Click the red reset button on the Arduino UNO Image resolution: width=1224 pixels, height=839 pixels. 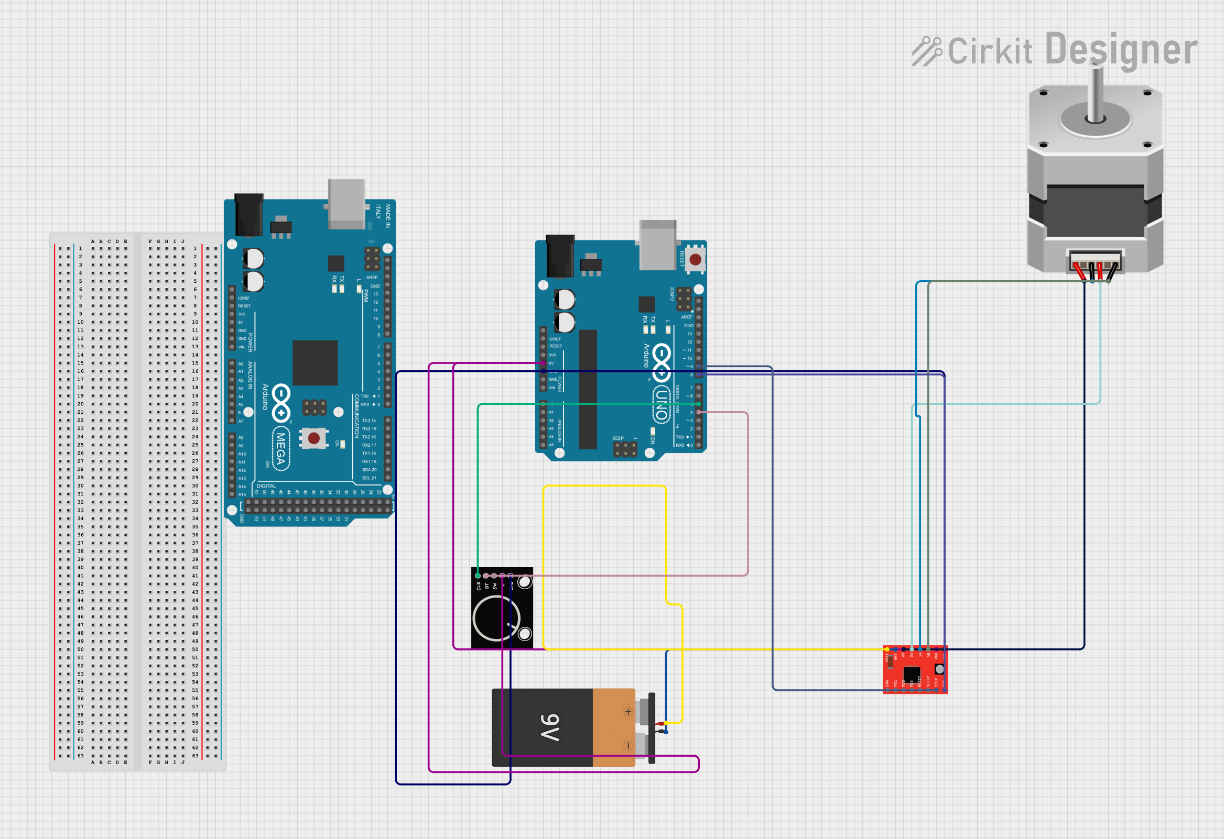click(x=695, y=259)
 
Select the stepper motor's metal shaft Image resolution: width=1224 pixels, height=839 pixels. click(x=1096, y=95)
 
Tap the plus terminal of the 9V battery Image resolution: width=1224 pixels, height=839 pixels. click(x=628, y=712)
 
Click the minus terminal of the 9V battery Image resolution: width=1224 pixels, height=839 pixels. click(x=628, y=745)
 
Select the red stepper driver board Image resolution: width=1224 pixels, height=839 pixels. click(x=915, y=669)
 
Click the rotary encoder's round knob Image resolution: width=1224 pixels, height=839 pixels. click(x=496, y=619)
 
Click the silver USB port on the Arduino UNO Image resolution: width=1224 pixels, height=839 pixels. click(x=657, y=244)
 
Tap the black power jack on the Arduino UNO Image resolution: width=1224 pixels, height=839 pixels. click(x=560, y=256)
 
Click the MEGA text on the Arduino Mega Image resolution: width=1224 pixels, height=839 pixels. click(x=281, y=447)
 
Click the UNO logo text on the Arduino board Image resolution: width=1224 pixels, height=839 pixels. click(x=662, y=404)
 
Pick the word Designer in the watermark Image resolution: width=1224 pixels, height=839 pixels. click(x=1121, y=50)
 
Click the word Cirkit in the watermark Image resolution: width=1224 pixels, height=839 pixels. click(x=990, y=51)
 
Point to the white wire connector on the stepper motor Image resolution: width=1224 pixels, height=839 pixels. click(x=1095, y=261)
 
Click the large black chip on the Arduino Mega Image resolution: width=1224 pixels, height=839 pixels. click(x=315, y=362)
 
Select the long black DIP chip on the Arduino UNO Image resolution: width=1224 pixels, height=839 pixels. click(x=588, y=389)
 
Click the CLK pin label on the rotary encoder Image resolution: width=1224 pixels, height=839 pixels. click(x=478, y=586)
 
